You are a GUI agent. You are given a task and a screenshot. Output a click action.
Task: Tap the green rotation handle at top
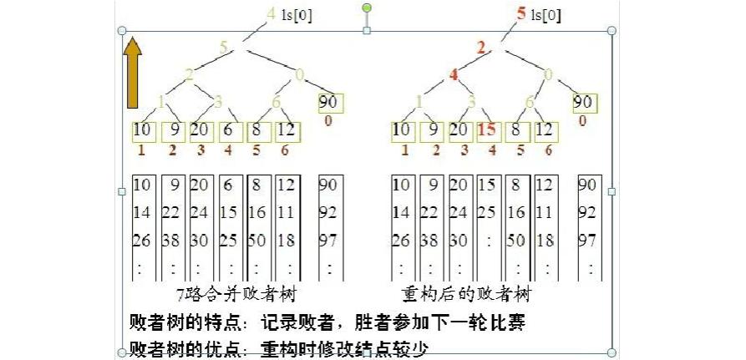tap(367, 9)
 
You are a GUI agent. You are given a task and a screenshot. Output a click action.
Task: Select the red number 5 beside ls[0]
tap(521, 13)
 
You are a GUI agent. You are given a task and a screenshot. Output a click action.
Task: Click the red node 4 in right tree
tap(454, 74)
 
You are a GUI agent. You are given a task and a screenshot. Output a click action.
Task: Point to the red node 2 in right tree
tap(480, 46)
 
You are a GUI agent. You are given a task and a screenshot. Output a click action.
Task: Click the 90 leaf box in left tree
tap(331, 103)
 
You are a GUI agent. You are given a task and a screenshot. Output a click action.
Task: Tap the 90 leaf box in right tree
tap(585, 103)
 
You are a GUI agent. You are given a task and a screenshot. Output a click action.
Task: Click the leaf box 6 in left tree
tap(229, 130)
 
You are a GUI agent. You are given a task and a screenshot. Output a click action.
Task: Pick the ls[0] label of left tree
tap(297, 14)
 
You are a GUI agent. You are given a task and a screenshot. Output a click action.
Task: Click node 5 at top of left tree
tap(224, 46)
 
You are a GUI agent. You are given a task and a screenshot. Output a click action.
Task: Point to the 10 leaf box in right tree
tap(402, 130)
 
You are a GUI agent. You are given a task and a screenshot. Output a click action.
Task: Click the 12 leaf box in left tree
tap(286, 130)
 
